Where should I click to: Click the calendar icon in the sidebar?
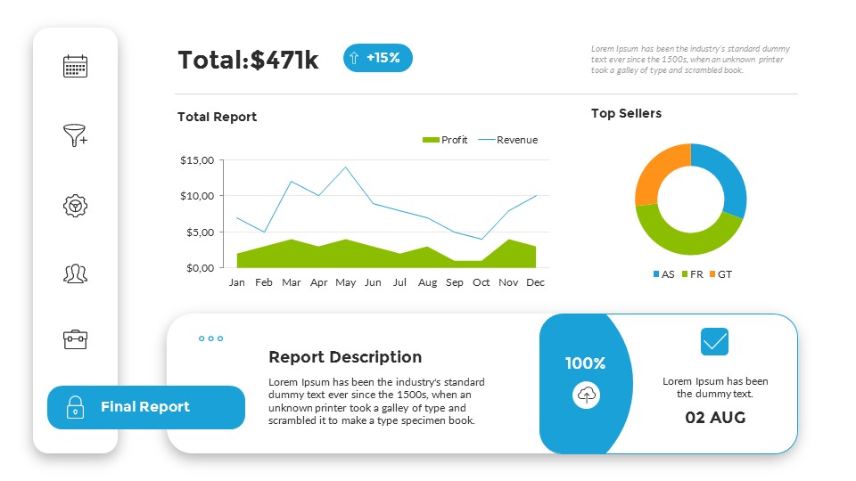75,67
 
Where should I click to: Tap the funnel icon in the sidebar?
75,135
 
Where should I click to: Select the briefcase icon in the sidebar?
75,339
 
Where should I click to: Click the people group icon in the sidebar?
75,273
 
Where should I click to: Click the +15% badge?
378,58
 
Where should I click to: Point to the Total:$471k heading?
248,60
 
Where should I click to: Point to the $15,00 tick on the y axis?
197,160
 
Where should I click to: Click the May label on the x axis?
345,282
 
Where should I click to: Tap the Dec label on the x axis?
536,282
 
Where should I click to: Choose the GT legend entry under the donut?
720,274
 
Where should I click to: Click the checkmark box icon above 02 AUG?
714,342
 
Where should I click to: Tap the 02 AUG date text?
715,417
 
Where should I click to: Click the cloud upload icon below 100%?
586,395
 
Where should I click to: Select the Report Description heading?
345,357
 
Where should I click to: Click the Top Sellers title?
626,113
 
